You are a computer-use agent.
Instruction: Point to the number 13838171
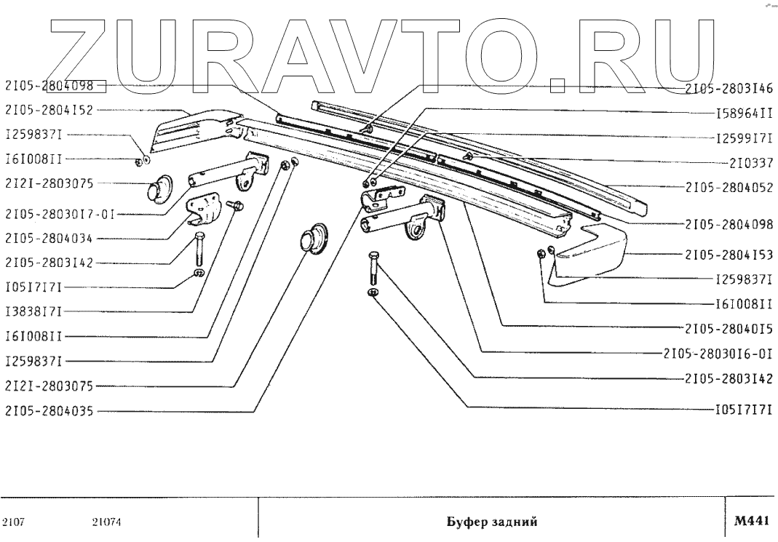(33, 311)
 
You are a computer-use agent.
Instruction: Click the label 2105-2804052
(728, 186)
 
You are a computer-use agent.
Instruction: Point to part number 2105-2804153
(728, 255)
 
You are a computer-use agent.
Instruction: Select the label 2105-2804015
(728, 328)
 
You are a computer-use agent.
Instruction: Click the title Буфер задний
(491, 522)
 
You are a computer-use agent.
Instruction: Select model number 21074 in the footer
(106, 522)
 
